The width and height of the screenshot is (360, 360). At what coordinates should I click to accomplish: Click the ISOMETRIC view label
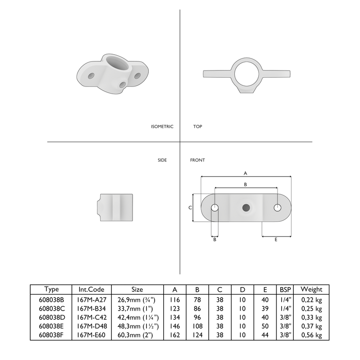[162, 127]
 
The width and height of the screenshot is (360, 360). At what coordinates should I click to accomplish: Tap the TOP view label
[197, 127]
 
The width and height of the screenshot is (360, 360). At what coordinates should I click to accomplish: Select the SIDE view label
[162, 160]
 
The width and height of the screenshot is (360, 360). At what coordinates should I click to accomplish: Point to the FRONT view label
[198, 160]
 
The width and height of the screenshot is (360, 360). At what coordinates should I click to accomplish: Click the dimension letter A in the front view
[245, 172]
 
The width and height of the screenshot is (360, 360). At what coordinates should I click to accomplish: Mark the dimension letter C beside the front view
[190, 207]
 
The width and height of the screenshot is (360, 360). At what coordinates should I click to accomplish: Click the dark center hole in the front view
[246, 207]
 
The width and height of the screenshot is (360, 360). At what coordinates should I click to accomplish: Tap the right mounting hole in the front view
[277, 207]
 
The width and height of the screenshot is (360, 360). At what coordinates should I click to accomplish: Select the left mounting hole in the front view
[215, 207]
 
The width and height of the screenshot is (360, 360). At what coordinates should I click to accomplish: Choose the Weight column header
[311, 289]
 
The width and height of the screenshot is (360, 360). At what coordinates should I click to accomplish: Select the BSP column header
[285, 289]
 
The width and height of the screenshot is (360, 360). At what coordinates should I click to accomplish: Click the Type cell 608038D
[51, 317]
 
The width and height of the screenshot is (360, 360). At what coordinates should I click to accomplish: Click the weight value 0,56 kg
[311, 335]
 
